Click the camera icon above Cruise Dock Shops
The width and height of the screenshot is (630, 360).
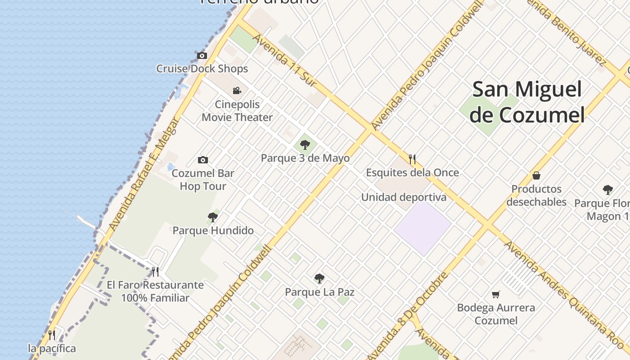click(202, 55)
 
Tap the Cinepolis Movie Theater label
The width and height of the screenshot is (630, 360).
click(237, 111)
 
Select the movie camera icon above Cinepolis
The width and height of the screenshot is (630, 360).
click(237, 91)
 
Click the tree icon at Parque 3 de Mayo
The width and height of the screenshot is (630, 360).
click(305, 145)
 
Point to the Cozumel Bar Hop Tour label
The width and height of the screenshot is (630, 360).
click(203, 180)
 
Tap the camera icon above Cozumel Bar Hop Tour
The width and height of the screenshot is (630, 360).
click(203, 160)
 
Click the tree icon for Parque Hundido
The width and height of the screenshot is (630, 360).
click(213, 218)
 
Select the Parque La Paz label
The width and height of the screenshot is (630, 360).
click(319, 292)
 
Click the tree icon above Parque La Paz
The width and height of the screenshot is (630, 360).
click(319, 279)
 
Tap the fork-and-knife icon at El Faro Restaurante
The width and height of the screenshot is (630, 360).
click(155, 272)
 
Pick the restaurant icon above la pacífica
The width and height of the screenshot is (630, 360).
click(52, 335)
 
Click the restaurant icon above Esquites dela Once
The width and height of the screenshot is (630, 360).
click(412, 159)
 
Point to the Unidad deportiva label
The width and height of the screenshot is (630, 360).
click(404, 197)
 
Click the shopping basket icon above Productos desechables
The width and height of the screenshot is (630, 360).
click(536, 175)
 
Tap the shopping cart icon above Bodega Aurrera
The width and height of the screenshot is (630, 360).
click(495, 295)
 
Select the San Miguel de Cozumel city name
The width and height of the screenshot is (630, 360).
click(527, 102)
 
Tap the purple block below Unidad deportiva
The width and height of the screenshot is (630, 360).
click(423, 227)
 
